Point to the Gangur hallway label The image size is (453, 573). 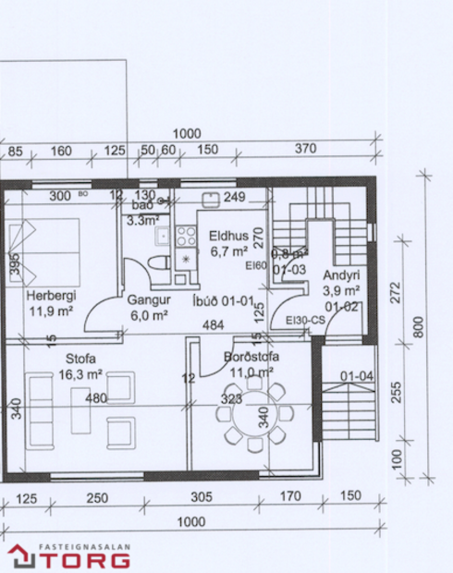pyautogui.click(x=148, y=300)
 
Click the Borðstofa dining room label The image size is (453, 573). pyautogui.click(x=251, y=357)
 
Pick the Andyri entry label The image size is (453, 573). pyautogui.click(x=341, y=276)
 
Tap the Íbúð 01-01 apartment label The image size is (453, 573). pyautogui.click(x=222, y=300)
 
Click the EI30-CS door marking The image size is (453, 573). pyautogui.click(x=305, y=321)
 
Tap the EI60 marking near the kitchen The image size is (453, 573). pyautogui.click(x=255, y=265)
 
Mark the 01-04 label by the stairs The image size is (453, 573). pyautogui.click(x=357, y=376)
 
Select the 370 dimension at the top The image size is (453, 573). pyautogui.click(x=305, y=149)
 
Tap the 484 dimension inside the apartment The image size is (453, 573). pyautogui.click(x=214, y=325)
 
